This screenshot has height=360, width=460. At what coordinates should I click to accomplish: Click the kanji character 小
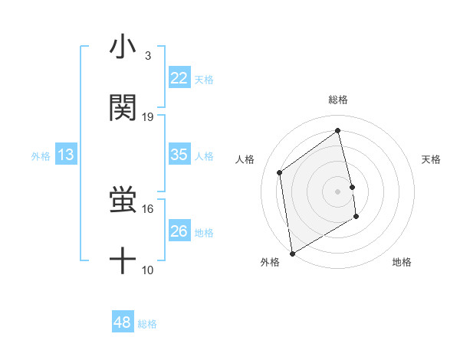(x=123, y=48)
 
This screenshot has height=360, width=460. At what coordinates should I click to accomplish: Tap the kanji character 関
(x=123, y=108)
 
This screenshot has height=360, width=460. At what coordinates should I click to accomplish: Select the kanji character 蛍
(x=123, y=201)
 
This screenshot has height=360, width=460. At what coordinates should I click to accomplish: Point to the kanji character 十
(x=123, y=262)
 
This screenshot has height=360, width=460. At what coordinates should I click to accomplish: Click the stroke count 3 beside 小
(x=147, y=56)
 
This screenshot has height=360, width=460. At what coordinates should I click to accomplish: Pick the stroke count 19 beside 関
(x=148, y=116)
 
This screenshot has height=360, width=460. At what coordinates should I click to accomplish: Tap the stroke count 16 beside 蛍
(x=148, y=208)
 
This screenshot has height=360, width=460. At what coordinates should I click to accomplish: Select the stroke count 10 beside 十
(x=148, y=270)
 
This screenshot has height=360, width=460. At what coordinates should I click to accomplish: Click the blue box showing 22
(x=179, y=78)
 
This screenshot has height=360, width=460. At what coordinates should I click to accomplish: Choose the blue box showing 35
(x=179, y=155)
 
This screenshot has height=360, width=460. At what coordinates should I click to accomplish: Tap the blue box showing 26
(x=179, y=231)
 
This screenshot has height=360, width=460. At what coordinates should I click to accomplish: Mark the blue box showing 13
(x=65, y=155)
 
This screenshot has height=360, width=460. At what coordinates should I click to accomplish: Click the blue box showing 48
(x=122, y=322)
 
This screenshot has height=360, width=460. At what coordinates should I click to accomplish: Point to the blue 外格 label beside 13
(x=41, y=156)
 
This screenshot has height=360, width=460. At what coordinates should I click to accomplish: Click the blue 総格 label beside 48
(x=147, y=324)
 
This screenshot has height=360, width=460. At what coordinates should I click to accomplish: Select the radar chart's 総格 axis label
(x=338, y=100)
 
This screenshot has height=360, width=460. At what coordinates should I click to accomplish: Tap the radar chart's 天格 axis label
(x=431, y=159)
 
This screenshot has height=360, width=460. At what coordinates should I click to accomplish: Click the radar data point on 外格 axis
(x=292, y=253)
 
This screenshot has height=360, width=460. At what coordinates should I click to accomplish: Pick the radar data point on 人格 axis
(x=280, y=172)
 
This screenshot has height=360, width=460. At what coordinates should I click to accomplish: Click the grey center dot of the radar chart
(x=338, y=191)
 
